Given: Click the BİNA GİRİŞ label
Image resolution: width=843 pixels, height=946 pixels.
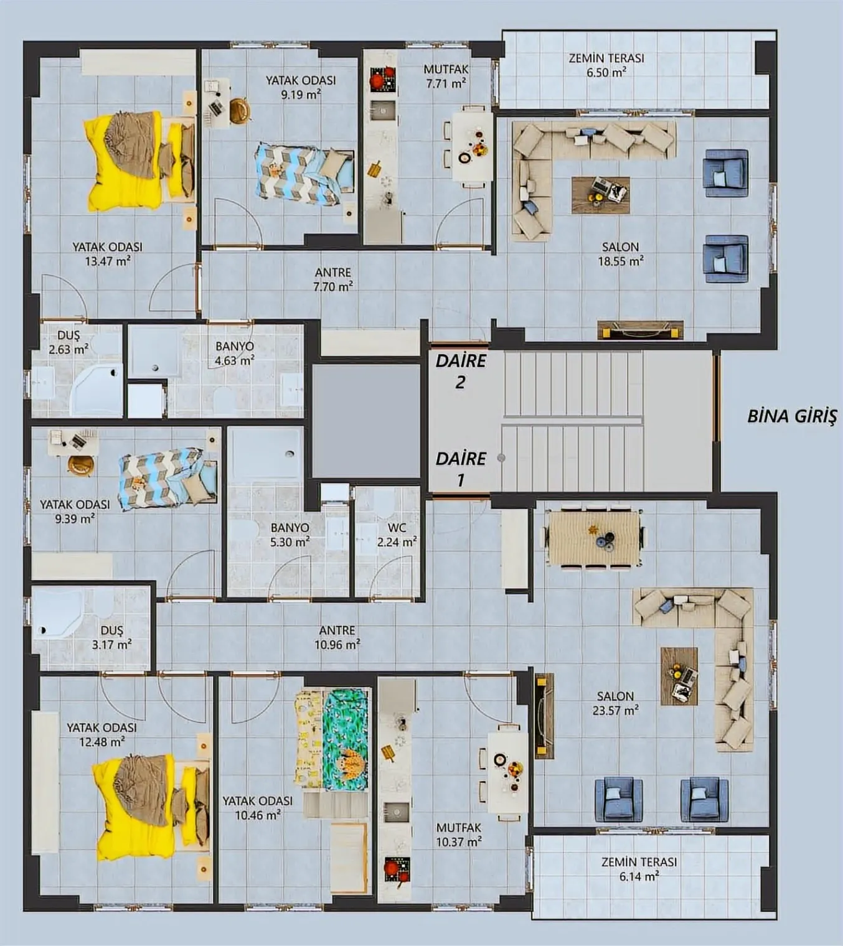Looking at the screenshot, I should tap(792, 416).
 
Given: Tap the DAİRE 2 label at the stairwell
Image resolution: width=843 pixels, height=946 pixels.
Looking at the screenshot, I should tap(461, 371).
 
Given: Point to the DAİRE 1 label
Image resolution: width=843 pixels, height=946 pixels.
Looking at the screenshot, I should tap(461, 469).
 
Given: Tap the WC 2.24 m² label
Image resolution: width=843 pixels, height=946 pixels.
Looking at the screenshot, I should tap(397, 535).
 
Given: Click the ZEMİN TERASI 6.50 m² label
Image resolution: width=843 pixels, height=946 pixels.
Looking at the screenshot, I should tap(606, 65).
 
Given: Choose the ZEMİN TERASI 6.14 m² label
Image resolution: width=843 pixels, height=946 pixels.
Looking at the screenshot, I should tap(639, 869).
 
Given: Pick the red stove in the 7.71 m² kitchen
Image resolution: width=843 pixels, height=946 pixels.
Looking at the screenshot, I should tap(384, 79).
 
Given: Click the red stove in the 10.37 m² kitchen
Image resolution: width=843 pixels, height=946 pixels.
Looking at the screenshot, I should tap(397, 869).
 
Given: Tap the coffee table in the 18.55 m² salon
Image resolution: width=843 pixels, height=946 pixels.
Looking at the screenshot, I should tap(600, 195).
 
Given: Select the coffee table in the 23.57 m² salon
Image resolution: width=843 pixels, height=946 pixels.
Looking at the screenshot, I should tap(679, 676).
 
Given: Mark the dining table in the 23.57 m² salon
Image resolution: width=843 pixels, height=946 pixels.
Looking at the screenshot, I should tap(594, 537).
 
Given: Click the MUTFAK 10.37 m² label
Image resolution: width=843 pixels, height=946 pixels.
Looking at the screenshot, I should tap(459, 835).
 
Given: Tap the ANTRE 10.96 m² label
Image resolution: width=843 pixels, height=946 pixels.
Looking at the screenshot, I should tap(337, 637).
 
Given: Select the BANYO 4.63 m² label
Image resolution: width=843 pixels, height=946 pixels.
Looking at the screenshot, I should tap(234, 353).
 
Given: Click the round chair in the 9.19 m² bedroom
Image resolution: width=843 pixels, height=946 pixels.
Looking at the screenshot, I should tap(240, 110).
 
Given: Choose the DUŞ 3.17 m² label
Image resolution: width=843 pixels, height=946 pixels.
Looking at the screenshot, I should tap(112, 637).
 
